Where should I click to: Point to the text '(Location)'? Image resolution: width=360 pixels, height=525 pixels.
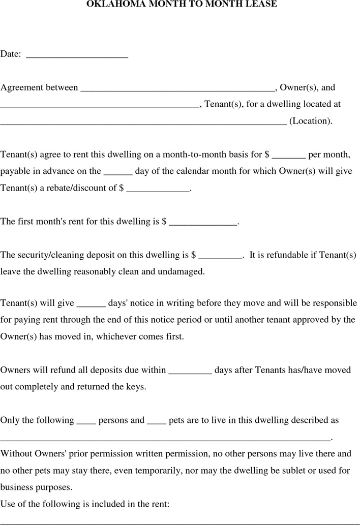(x=311, y=121)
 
